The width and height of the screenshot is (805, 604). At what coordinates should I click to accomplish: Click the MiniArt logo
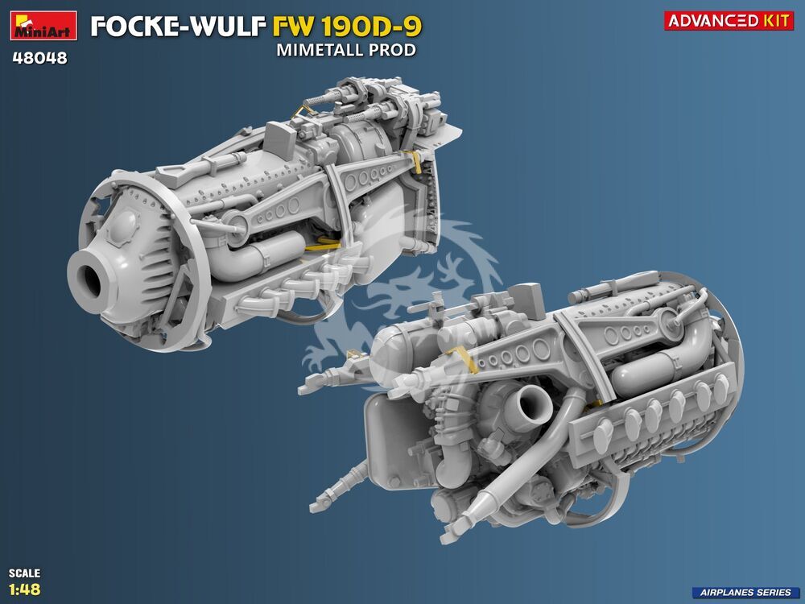tap(43, 25)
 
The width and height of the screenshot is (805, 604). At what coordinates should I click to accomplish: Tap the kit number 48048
tap(39, 58)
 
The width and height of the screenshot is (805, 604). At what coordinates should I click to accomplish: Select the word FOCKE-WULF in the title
tap(179, 27)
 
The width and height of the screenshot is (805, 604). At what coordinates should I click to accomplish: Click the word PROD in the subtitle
tap(396, 50)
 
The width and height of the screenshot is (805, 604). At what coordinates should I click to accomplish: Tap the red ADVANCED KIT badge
tap(729, 21)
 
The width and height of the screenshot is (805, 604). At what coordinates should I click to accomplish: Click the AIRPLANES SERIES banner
tap(747, 592)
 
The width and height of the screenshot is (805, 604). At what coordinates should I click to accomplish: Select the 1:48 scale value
tap(25, 589)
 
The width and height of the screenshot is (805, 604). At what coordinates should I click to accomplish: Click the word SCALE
tap(24, 573)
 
